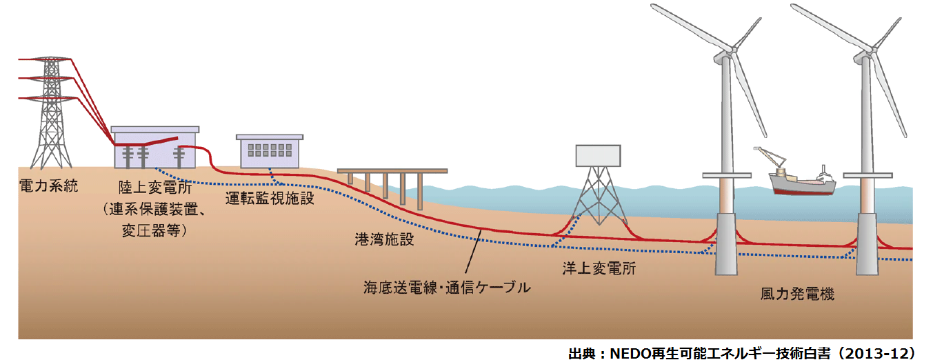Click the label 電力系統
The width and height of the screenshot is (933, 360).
(x=49, y=186)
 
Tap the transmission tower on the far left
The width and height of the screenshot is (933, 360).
(x=51, y=112)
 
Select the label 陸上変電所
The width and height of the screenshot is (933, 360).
(x=155, y=188)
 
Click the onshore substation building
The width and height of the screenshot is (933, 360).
(x=155, y=148)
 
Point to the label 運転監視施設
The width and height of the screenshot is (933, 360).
(x=270, y=199)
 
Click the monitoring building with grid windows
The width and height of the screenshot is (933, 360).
(x=270, y=151)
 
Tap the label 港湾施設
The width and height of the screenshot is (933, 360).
(x=385, y=239)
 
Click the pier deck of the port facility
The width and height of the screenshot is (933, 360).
(x=392, y=171)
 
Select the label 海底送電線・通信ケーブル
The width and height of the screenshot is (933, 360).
(x=447, y=288)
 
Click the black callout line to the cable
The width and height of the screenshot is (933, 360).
(x=474, y=251)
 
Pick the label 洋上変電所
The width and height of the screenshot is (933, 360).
(x=599, y=268)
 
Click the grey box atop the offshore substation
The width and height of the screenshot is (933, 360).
(x=598, y=156)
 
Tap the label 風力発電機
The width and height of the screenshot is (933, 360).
(x=797, y=294)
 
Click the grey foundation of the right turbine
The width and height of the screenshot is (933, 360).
(x=867, y=244)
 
